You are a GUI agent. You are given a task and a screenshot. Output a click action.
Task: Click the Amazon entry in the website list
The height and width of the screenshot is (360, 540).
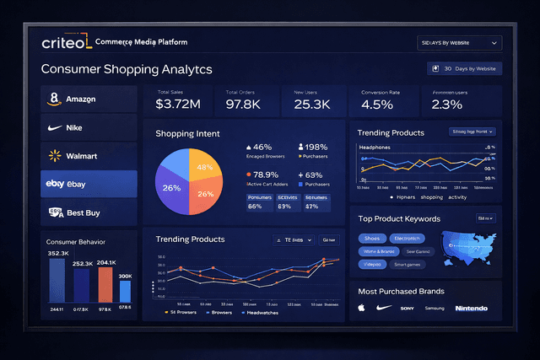(88, 99)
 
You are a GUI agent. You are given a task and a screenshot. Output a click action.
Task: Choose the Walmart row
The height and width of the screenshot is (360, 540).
(88, 155)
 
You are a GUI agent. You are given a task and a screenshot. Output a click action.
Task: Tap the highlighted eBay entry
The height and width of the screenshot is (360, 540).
(88, 184)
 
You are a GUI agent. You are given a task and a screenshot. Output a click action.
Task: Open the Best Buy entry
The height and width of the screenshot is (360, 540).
(88, 212)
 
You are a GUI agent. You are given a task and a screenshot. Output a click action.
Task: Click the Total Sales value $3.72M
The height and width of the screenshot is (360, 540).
(178, 105)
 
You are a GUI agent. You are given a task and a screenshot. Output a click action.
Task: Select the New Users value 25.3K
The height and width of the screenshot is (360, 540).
(312, 105)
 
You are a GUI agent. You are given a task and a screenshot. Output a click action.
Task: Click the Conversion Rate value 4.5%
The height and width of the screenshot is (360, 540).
(377, 105)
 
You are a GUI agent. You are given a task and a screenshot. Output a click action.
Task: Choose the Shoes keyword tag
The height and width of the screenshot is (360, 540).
(373, 238)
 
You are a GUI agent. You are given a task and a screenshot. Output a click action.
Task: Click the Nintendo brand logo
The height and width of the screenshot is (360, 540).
(471, 309)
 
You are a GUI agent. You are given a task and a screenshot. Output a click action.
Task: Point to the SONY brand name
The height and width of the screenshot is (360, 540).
(408, 309)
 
